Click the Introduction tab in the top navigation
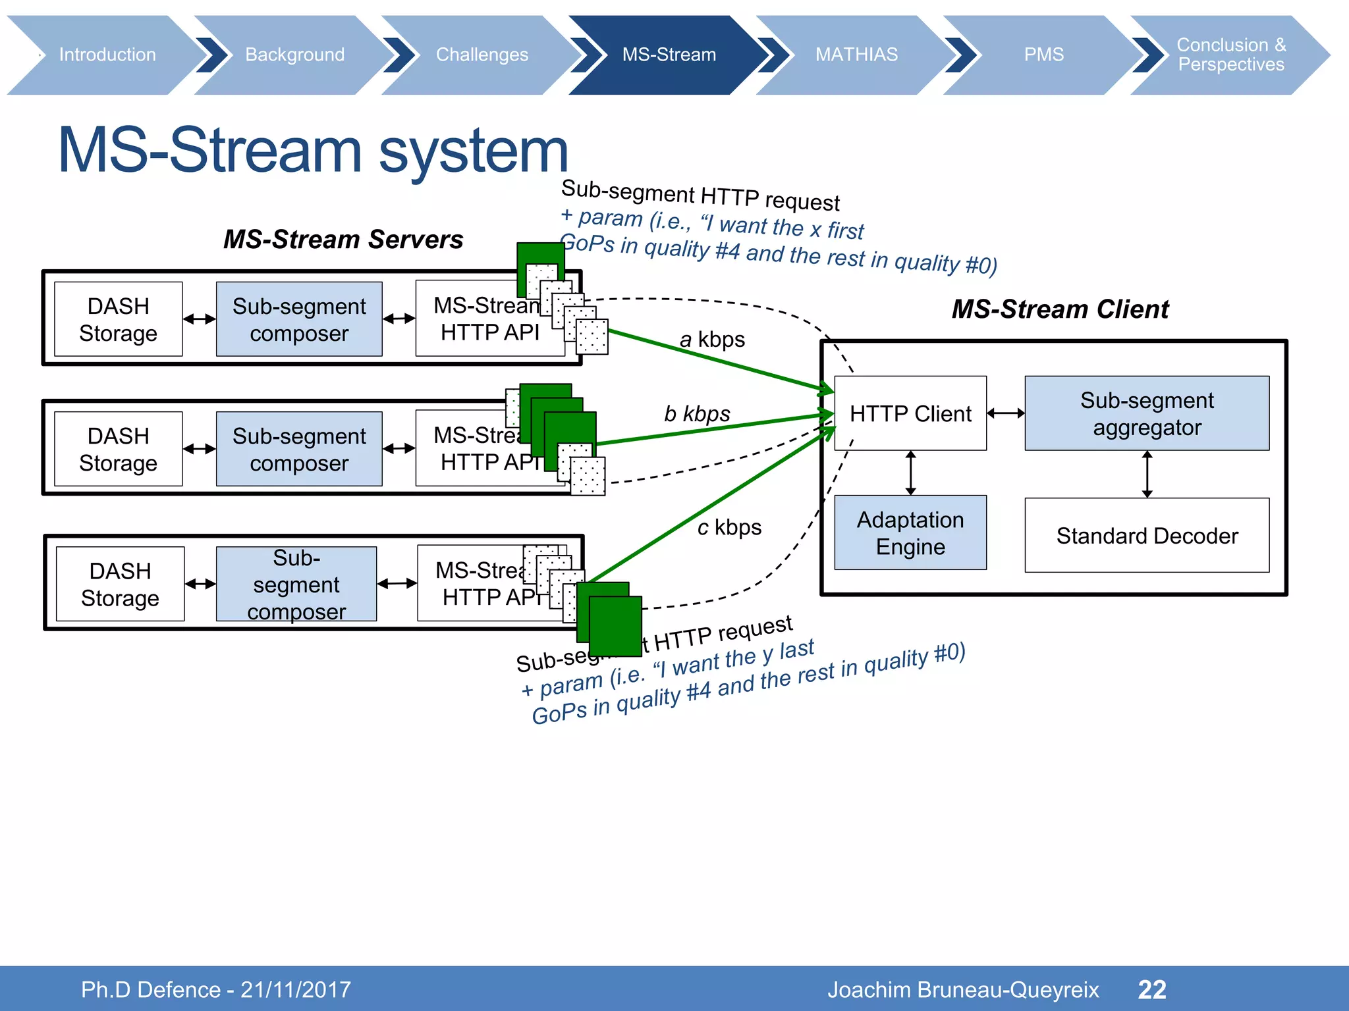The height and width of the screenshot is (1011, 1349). pyautogui.click(x=107, y=55)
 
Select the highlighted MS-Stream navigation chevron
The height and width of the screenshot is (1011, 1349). pyautogui.click(x=669, y=55)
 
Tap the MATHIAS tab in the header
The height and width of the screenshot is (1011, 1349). pyautogui.click(x=856, y=55)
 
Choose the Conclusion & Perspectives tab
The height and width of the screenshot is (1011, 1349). pyautogui.click(x=1230, y=55)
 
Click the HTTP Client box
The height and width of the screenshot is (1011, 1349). pyautogui.click(x=910, y=413)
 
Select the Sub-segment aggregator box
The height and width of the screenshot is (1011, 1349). pyautogui.click(x=1146, y=413)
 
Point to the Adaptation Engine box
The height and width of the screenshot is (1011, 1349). pyautogui.click(x=910, y=532)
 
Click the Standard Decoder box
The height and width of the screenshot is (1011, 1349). pyautogui.click(x=1146, y=535)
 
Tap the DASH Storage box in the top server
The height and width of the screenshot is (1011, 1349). pyautogui.click(x=118, y=319)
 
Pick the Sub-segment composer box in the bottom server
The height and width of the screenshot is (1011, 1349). pyautogui.click(x=296, y=584)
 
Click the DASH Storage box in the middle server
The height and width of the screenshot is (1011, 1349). pyautogui.click(x=118, y=449)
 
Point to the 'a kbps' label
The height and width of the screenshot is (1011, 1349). pyautogui.click(x=712, y=340)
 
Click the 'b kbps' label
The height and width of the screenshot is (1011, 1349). pyautogui.click(x=697, y=413)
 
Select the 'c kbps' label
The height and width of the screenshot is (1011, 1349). pyautogui.click(x=729, y=527)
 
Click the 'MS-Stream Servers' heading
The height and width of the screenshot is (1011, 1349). pyautogui.click(x=343, y=240)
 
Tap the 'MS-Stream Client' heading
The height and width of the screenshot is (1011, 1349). pyautogui.click(x=1060, y=309)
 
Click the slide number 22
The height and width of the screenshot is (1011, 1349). pyautogui.click(x=1152, y=989)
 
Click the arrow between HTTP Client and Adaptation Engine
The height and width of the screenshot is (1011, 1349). pyautogui.click(x=910, y=473)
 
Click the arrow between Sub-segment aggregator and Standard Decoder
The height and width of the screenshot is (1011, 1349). pyautogui.click(x=1147, y=474)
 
